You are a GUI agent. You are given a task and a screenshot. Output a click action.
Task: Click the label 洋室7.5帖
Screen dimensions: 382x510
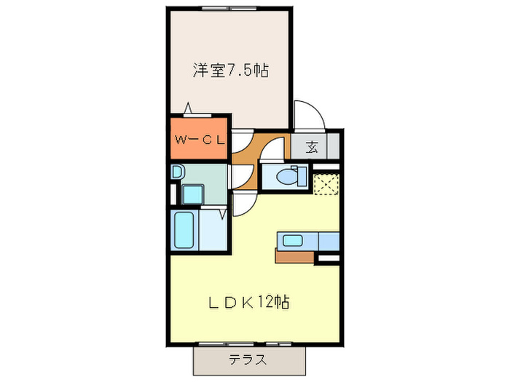point(230,71)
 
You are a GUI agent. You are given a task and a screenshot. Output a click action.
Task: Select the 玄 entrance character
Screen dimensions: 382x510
point(312,147)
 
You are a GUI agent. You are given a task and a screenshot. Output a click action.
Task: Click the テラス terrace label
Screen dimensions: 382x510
point(247,359)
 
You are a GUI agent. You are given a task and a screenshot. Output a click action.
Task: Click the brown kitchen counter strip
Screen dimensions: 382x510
point(295,255)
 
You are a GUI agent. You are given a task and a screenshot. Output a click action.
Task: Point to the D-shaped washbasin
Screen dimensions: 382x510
point(177,172)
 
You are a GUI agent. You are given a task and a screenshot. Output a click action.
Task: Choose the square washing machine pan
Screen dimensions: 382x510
point(193,194)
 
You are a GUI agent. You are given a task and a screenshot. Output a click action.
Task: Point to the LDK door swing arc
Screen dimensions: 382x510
point(244,204)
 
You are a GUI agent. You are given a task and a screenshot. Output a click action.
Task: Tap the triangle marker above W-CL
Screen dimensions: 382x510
point(189,108)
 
